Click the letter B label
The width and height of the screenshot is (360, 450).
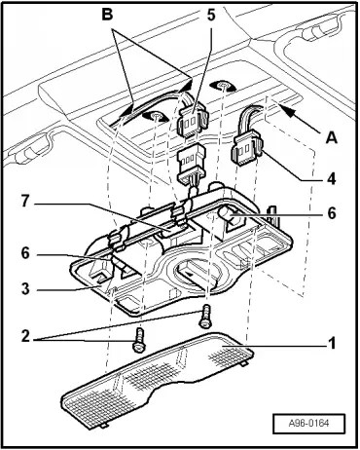pyautogui.click(x=108, y=15)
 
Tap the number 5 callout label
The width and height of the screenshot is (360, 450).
pyautogui.click(x=211, y=15)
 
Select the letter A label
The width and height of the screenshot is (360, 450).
pyautogui.click(x=331, y=137)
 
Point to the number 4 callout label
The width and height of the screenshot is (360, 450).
pyautogui.click(x=331, y=178)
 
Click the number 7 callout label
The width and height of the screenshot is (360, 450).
pyautogui.click(x=26, y=202)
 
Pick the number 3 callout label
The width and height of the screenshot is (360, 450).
pyautogui.click(x=25, y=288)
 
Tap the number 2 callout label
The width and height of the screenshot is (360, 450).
pyautogui.click(x=25, y=337)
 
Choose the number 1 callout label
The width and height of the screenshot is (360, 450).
pyautogui.click(x=332, y=344)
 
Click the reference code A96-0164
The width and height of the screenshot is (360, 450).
pyautogui.click(x=308, y=424)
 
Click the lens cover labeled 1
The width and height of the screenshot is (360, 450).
pyautogui.click(x=158, y=380)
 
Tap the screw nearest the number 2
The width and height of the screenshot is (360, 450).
pyautogui.click(x=139, y=340)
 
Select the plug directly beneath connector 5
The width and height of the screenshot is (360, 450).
pyautogui.click(x=192, y=166)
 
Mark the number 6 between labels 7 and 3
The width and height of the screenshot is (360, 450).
pyautogui.click(x=25, y=253)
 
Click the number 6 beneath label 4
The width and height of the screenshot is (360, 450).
pyautogui.click(x=331, y=214)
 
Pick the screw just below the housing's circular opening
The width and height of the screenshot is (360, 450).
pyautogui.click(x=205, y=316)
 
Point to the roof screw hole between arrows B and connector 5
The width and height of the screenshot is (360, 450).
pyautogui.click(x=156, y=117)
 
